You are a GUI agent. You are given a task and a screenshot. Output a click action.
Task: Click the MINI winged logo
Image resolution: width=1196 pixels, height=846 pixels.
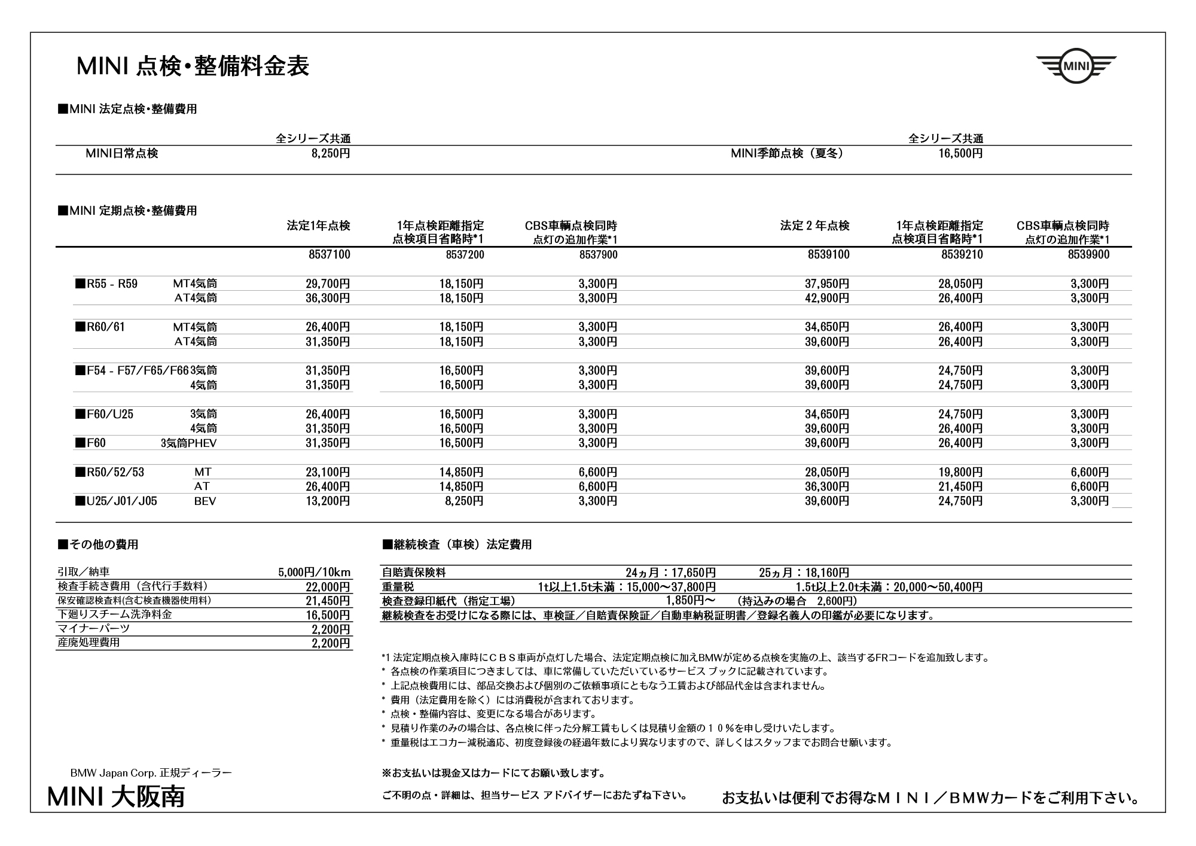(1076, 66)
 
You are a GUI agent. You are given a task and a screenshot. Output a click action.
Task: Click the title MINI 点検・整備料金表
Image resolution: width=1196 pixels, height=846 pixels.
(193, 66)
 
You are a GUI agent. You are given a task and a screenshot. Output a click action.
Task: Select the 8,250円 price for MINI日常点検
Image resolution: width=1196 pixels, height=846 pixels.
(330, 154)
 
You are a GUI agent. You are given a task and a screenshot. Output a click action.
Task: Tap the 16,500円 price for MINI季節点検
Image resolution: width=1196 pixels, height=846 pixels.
(960, 154)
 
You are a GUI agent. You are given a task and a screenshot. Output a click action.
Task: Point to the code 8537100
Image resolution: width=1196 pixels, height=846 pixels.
(329, 255)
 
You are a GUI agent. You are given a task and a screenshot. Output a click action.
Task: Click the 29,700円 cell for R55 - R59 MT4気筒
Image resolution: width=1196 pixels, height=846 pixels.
(328, 284)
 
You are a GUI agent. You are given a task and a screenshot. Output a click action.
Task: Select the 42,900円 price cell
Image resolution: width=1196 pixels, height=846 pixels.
(826, 298)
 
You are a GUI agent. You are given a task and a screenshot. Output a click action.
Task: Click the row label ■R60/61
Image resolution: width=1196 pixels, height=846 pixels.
(100, 327)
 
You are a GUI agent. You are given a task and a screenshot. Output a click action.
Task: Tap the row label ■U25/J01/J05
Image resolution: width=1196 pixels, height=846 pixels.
(116, 501)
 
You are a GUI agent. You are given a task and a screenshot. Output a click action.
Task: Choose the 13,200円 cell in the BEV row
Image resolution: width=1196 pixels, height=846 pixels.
(328, 501)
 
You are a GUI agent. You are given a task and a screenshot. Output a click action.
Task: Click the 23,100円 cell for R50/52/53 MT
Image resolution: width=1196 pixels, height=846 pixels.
(328, 472)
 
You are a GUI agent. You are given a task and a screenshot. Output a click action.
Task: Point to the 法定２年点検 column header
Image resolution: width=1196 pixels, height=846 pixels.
(814, 226)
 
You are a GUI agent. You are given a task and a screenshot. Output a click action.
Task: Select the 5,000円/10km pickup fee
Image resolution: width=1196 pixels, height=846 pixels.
(314, 573)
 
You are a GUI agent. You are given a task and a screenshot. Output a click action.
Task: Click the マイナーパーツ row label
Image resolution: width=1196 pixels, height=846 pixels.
(93, 629)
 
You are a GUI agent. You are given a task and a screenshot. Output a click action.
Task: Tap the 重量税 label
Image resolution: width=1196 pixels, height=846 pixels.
(398, 587)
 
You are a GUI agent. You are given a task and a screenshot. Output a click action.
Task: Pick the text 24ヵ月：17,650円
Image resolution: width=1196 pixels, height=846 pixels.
(670, 573)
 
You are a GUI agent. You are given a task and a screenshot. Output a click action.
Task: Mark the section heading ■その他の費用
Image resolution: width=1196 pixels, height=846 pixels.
(98, 544)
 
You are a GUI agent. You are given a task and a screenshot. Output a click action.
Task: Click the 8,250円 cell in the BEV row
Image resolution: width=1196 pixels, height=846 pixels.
(464, 501)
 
